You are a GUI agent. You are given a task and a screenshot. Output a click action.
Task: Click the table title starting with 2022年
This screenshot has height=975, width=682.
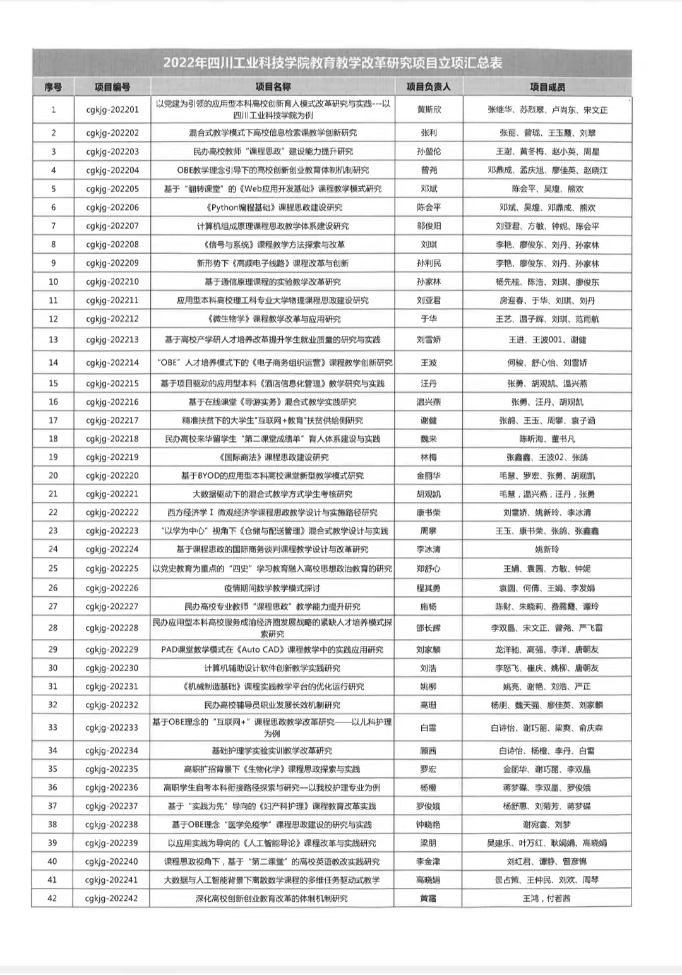[x=333, y=63]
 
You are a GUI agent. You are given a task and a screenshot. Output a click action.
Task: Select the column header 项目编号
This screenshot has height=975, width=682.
[x=112, y=87]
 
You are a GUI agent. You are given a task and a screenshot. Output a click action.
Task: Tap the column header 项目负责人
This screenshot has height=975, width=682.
[x=428, y=87]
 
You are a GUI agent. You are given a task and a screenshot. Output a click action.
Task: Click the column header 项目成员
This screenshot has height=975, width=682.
[x=547, y=87]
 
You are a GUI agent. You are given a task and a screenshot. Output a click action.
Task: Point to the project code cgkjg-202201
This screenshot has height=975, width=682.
[x=112, y=110]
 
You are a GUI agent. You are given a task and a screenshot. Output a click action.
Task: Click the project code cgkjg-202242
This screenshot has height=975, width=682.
[x=112, y=898]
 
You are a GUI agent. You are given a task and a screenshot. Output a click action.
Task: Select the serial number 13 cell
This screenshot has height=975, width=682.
[x=53, y=340]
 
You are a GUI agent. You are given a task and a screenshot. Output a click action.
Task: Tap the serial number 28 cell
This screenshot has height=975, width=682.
[x=53, y=628]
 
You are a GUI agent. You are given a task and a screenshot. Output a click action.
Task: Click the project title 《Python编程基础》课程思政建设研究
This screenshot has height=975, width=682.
[x=273, y=207]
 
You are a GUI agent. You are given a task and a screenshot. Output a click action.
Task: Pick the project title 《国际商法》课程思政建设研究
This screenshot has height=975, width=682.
[x=273, y=457]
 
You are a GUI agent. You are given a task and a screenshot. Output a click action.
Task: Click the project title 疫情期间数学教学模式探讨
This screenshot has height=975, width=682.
[x=273, y=588]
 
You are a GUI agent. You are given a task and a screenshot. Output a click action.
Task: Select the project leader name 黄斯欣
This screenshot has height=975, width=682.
[x=428, y=110]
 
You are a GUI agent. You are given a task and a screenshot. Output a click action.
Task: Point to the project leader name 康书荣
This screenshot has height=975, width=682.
[x=428, y=513]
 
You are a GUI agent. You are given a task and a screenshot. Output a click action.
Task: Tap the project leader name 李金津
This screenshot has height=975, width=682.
[x=428, y=861]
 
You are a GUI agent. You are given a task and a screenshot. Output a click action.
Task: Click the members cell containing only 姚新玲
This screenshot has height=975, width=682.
[x=547, y=549]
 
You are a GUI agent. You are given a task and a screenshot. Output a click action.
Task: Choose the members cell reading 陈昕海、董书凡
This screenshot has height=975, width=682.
[x=547, y=439]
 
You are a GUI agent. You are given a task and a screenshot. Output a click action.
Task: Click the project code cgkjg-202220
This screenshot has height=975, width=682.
[x=112, y=476]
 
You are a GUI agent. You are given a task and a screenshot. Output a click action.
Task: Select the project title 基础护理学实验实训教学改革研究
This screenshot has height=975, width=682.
[x=273, y=751]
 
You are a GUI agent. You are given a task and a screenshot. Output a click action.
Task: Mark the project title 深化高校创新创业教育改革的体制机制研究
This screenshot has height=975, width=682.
[x=273, y=898]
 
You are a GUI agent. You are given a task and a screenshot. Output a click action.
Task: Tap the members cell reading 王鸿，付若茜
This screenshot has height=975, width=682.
[x=547, y=898]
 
